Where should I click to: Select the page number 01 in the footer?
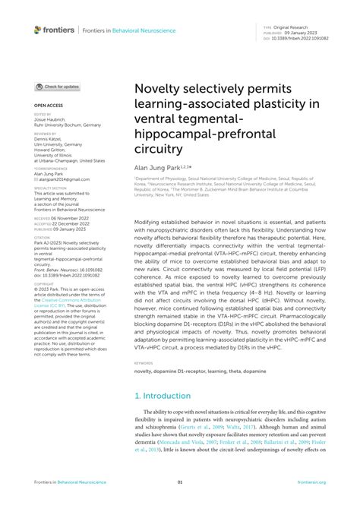point(180,482)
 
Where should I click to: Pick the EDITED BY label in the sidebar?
point(43,115)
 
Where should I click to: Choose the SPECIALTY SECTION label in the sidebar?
point(50,187)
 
